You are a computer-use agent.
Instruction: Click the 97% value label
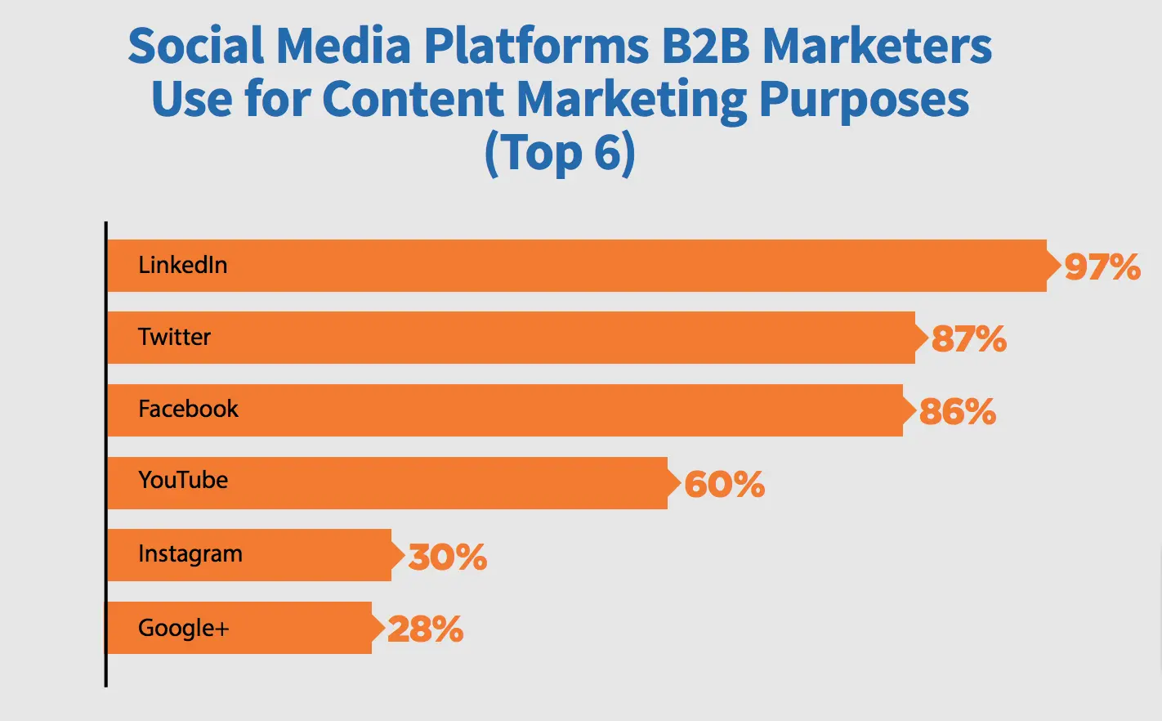(x=1102, y=267)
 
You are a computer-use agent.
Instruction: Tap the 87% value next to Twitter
(x=969, y=339)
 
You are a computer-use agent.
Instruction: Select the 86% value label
(x=958, y=411)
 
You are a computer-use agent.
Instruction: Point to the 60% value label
(x=725, y=484)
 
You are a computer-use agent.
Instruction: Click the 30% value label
(x=448, y=558)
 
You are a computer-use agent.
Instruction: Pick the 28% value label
(x=426, y=629)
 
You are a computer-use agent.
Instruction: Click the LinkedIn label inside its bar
(x=182, y=265)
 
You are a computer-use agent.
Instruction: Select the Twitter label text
(x=174, y=337)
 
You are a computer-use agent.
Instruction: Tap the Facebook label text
(x=188, y=409)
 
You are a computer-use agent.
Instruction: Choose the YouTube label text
(x=183, y=480)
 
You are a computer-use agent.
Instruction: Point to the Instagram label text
(x=190, y=554)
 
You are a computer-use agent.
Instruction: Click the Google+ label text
(x=184, y=628)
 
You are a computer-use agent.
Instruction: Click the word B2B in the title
(x=705, y=46)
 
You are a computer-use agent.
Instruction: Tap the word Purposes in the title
(x=864, y=101)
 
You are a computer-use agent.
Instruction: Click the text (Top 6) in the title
(x=560, y=153)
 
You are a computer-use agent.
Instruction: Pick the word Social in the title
(x=195, y=46)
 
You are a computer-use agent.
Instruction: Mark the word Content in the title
(x=413, y=100)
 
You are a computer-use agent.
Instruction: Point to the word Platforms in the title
(x=537, y=46)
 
